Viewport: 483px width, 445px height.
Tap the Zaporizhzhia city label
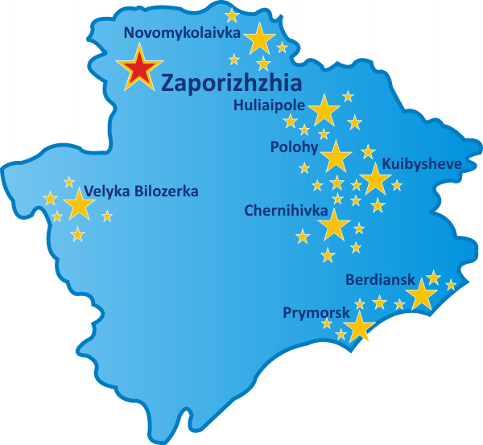tap(232, 83)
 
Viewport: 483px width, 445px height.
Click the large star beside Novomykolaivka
tap(259, 39)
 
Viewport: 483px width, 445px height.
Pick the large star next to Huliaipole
tap(324, 110)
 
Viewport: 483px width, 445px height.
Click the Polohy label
tap(295, 147)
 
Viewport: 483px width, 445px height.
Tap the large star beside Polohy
tap(336, 155)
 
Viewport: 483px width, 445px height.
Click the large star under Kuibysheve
tap(375, 179)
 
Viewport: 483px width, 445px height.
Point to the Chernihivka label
tap(286, 210)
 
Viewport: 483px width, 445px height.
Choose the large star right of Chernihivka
tap(334, 225)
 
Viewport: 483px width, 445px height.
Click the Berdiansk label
tap(380, 280)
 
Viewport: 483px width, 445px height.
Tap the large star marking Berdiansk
tap(423, 295)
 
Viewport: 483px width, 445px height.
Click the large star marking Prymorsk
tap(360, 326)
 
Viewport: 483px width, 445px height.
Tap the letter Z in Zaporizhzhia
tap(168, 83)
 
